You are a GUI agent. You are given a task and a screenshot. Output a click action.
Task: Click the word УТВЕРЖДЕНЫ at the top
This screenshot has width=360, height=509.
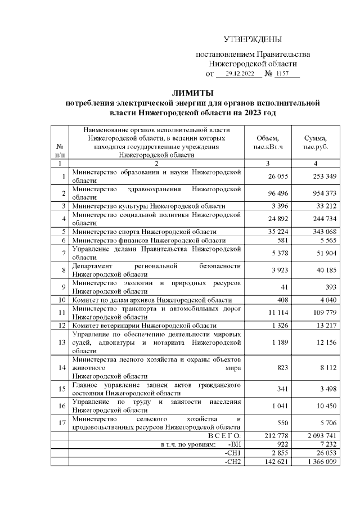pyautogui.click(x=253, y=39)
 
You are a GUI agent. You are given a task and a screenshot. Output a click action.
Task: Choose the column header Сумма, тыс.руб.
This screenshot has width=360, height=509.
pyautogui.click(x=316, y=143)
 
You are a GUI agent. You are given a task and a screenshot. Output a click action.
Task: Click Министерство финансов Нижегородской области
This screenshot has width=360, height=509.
pyautogui.click(x=147, y=240)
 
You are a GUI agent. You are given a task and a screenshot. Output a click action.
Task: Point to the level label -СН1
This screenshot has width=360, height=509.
pyautogui.click(x=232, y=453)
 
